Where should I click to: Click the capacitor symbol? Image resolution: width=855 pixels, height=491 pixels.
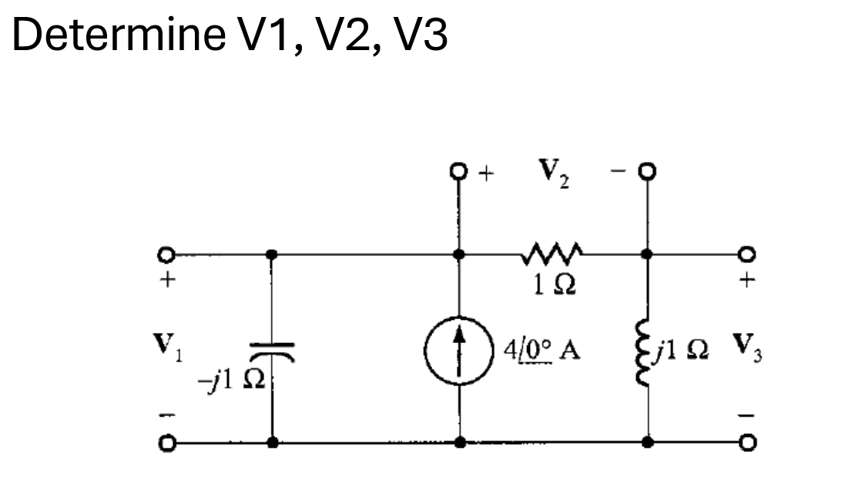(272, 352)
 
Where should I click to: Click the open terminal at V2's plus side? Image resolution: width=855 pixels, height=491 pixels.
(460, 171)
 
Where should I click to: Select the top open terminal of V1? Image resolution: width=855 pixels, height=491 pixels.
(162, 254)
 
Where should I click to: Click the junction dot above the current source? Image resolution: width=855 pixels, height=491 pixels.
(460, 253)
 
